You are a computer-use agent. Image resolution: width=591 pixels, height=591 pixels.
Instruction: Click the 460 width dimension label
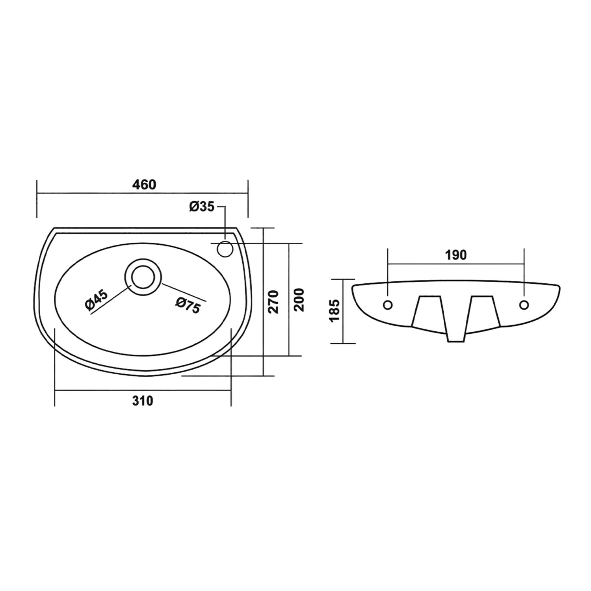coord(144,185)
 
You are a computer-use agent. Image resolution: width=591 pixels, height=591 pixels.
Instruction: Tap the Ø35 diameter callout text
coord(201,206)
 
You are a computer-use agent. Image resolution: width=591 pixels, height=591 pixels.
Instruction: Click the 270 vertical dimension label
coord(274,302)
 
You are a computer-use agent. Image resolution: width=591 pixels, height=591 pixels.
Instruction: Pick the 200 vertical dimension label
coord(299,300)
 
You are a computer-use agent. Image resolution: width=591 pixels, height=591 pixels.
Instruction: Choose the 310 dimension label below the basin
coord(142,401)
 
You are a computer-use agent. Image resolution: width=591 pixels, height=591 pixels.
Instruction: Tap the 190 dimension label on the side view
coord(456,255)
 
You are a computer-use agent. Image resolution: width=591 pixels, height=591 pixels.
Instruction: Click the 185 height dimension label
coord(335,310)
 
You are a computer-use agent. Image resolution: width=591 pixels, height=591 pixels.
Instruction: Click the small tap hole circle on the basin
coord(225,249)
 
